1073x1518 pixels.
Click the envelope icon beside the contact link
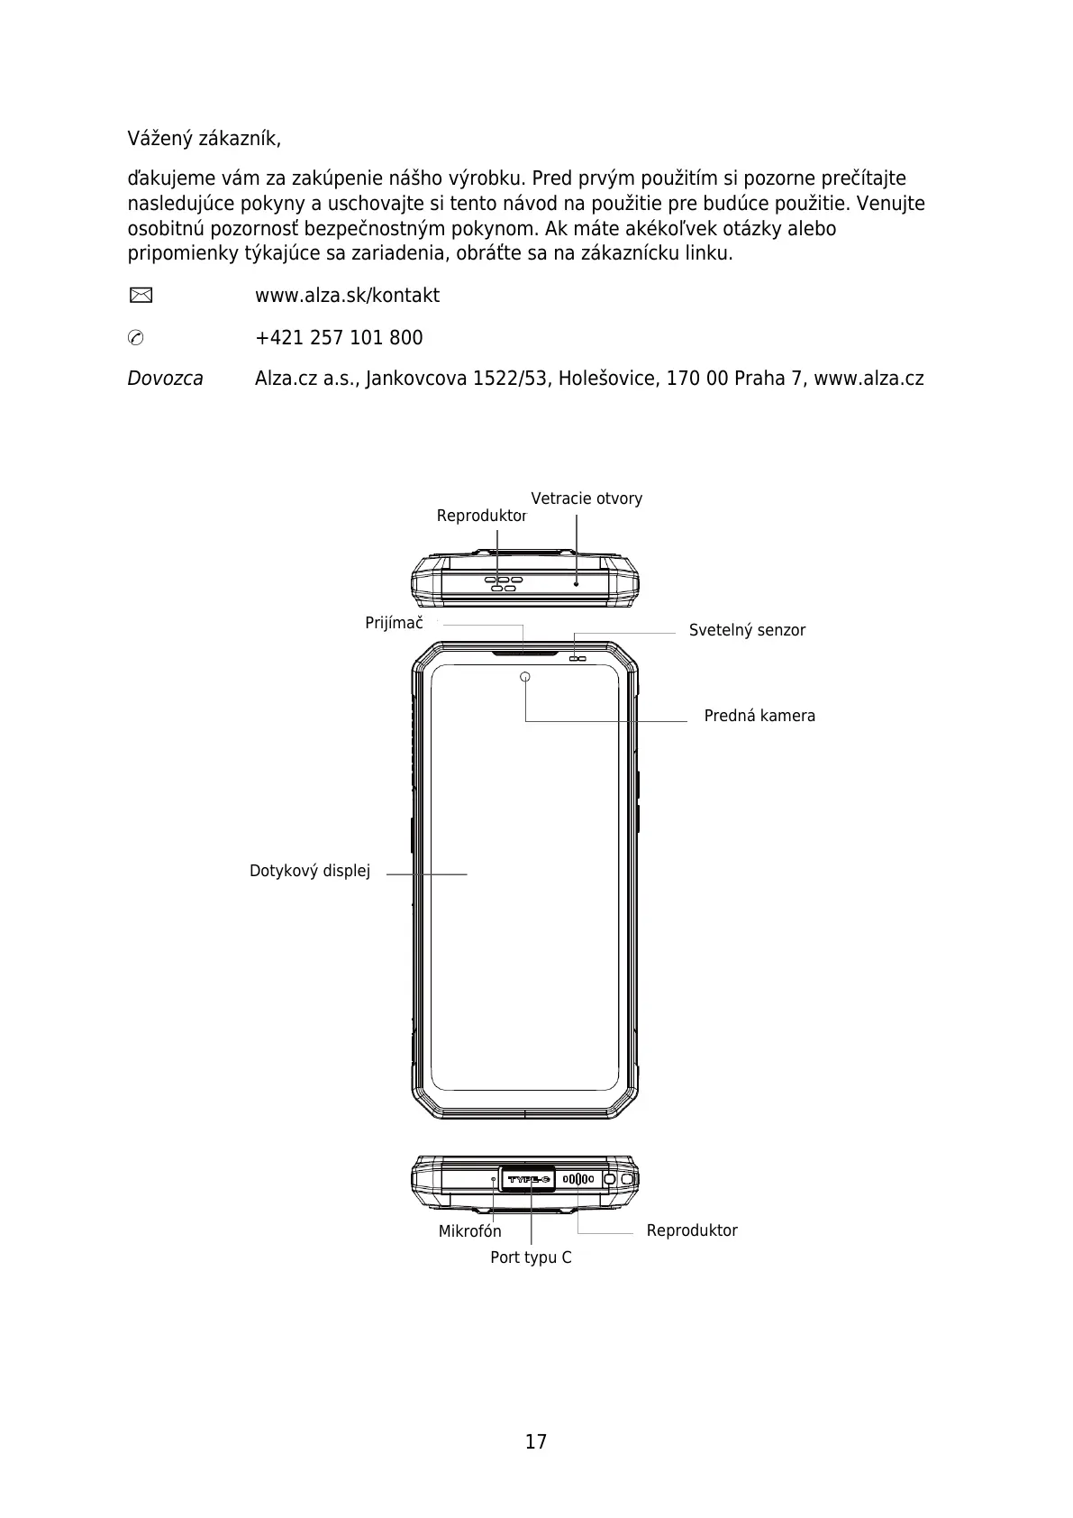click(141, 295)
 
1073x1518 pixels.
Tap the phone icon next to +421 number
click(136, 338)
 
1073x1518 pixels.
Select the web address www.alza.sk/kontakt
click(347, 296)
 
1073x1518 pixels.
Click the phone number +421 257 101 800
click(339, 338)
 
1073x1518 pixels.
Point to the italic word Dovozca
click(165, 379)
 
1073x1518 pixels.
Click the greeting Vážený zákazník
click(204, 140)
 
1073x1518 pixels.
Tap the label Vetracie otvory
click(587, 498)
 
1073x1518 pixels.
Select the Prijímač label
click(394, 623)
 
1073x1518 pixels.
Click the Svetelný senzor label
click(747, 630)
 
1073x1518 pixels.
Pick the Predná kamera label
click(759, 716)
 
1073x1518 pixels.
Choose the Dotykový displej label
click(310, 871)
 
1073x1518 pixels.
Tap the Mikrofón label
click(469, 1231)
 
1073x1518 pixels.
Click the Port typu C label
click(531, 1257)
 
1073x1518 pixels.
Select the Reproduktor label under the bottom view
click(692, 1230)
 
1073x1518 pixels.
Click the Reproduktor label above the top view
click(481, 516)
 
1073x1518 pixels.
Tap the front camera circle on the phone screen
click(525, 677)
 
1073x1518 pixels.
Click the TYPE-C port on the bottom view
click(529, 1179)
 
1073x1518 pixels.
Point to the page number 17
click(536, 1441)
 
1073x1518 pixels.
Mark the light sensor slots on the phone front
click(577, 659)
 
